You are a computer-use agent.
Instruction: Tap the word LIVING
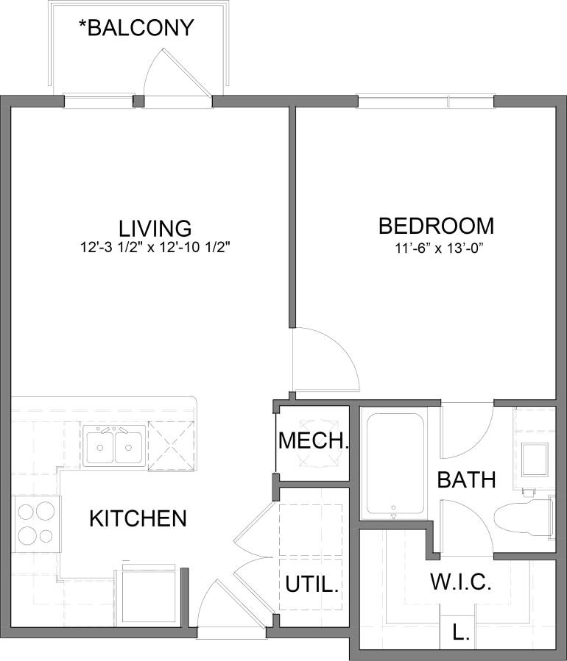point(155,227)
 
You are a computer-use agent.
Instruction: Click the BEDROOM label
point(435,225)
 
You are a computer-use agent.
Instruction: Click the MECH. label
point(313,441)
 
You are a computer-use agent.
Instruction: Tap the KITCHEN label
point(138,518)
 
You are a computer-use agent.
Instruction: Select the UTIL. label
point(312,586)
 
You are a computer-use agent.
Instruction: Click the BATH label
point(466,480)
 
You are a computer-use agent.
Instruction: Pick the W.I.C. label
point(460,583)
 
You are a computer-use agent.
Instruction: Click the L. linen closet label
point(462,632)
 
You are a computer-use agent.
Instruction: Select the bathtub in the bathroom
point(395,465)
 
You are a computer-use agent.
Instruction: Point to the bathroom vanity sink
point(534,460)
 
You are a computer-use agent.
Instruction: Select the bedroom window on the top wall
point(425,101)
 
